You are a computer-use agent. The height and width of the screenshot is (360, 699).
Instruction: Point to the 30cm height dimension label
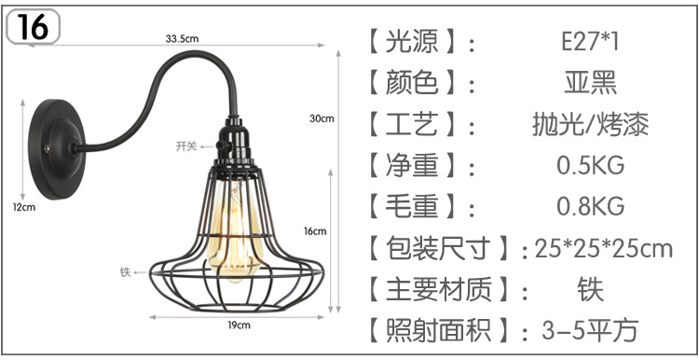322,118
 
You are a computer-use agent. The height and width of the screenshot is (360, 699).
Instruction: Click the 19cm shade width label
240,325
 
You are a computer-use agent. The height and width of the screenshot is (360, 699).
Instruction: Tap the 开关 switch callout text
186,146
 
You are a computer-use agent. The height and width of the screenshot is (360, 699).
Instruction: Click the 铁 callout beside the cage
124,272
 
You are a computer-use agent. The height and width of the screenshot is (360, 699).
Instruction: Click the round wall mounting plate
56,141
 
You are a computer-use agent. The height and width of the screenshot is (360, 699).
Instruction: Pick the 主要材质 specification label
437,289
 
